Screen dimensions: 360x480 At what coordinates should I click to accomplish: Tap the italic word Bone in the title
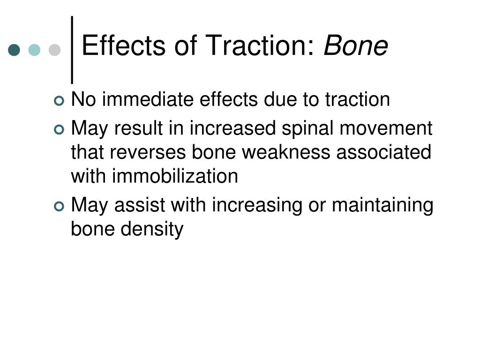pos(356,46)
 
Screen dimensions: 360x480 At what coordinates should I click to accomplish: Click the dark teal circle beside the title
pos(15,50)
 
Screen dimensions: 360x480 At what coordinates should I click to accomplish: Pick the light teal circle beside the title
pos(35,50)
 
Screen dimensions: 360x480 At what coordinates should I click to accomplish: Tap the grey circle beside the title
pos(55,50)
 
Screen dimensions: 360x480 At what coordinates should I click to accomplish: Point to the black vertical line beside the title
pos(72,49)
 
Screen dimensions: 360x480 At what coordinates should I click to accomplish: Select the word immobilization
pos(175,176)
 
